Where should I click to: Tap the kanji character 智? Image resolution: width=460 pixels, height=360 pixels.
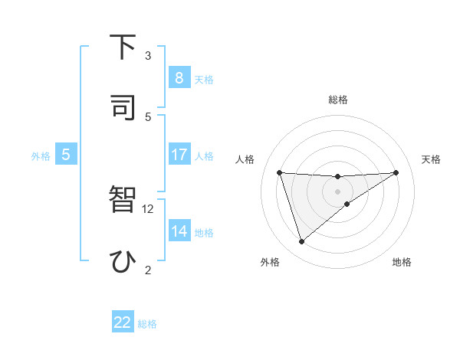point(123,200)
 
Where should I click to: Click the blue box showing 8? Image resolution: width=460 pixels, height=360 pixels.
point(179,77)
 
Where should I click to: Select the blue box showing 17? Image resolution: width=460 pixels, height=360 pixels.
point(179,154)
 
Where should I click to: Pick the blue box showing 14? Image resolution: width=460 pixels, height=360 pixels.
point(179,231)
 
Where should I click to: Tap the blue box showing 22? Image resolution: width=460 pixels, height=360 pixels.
point(123,322)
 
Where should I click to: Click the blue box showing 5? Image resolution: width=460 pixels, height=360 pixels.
point(66,154)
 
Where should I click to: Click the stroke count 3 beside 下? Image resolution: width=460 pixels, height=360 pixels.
point(148,55)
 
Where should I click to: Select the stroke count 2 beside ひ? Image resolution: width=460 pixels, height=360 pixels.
point(148,270)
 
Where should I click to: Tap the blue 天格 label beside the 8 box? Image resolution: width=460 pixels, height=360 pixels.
point(204,79)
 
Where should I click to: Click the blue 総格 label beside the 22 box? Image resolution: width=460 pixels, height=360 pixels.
point(147,324)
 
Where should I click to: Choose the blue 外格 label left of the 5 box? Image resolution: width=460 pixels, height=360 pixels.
point(41,155)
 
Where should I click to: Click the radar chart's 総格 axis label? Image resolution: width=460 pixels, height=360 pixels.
point(337,100)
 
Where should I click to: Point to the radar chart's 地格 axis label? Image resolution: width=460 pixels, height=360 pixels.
point(402,262)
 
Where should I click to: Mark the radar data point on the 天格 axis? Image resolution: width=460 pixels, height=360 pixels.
point(396,172)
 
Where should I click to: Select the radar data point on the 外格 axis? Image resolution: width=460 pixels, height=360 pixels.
point(301,242)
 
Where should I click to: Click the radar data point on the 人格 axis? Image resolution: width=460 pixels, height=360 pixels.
point(280,172)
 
